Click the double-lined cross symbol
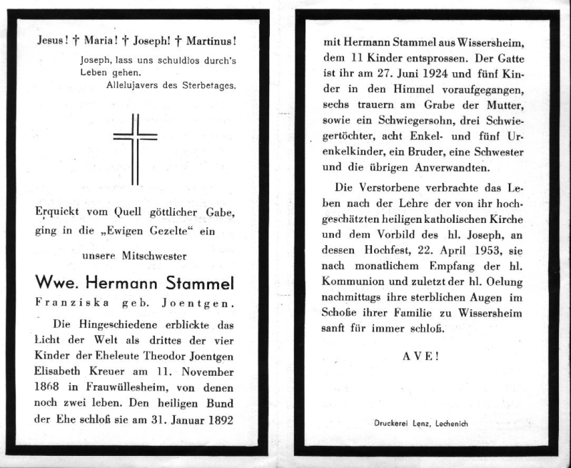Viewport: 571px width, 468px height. click(135, 148)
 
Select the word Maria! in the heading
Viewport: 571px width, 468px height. click(100, 42)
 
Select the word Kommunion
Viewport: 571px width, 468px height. click(355, 284)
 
